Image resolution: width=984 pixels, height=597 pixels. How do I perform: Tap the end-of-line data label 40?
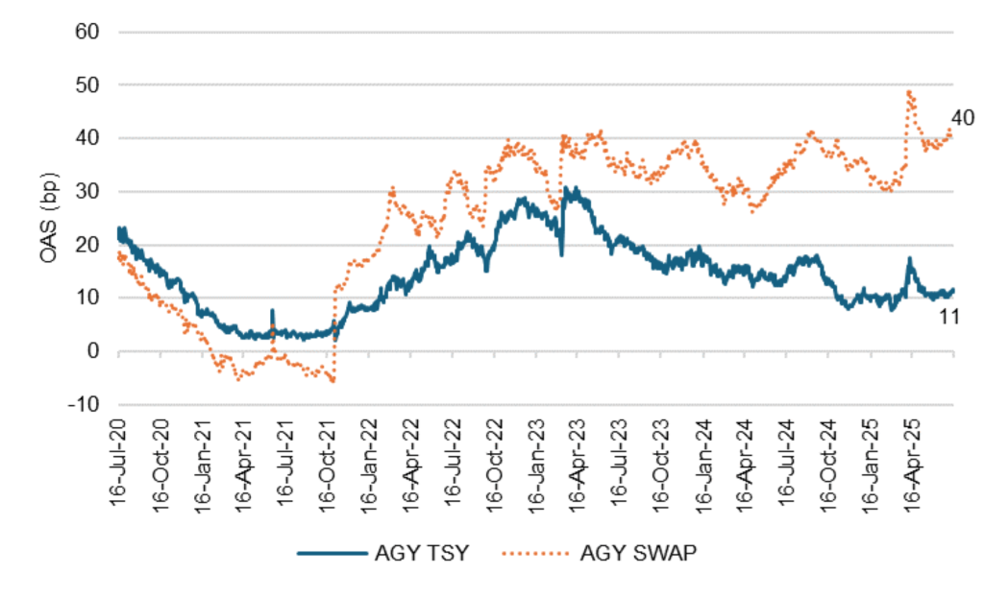(963, 118)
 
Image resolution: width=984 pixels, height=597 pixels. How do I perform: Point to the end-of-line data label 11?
(949, 316)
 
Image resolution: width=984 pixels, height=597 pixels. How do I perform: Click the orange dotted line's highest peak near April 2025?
(909, 92)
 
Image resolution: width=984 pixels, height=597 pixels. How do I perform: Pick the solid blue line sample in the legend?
(331, 553)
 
